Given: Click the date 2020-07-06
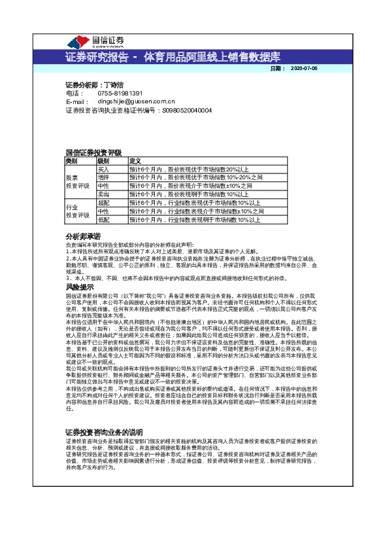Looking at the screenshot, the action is pyautogui.click(x=303, y=68).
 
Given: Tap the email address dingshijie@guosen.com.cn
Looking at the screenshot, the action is pyautogui.click(x=136, y=102).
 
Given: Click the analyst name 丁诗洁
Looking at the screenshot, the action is pyautogui.click(x=116, y=85).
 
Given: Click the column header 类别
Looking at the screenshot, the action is pyautogui.click(x=71, y=160).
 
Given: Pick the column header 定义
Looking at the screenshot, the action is pyautogui.click(x=135, y=160).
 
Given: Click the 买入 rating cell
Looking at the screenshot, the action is pyautogui.click(x=103, y=169).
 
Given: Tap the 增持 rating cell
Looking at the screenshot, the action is pyautogui.click(x=103, y=177).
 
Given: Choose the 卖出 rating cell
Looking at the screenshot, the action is pyautogui.click(x=103, y=194).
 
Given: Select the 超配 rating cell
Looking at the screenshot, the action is pyautogui.click(x=103, y=203).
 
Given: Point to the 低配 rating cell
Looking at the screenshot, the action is pyautogui.click(x=103, y=220).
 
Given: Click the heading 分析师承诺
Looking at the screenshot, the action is pyautogui.click(x=83, y=236).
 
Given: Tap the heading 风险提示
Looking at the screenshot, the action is pyautogui.click(x=80, y=287).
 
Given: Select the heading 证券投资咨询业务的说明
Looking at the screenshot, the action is pyautogui.click(x=104, y=414).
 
